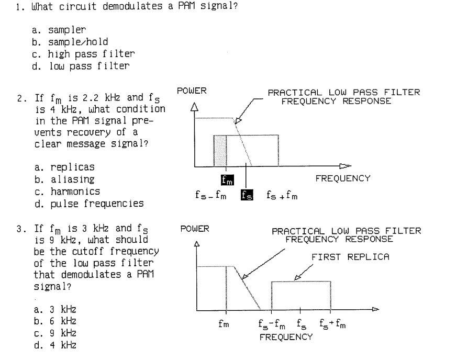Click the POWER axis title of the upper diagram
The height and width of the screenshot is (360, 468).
[x=192, y=91]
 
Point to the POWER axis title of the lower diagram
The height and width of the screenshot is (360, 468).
[x=194, y=229]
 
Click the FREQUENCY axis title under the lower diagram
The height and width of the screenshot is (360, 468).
[x=286, y=337]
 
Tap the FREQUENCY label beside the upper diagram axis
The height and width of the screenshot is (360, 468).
[x=342, y=178]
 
